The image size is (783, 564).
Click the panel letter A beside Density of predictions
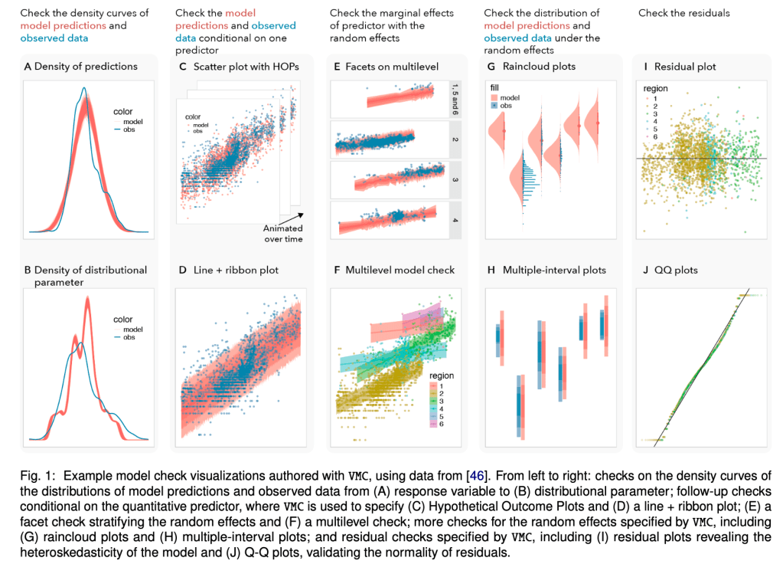[x=28, y=67]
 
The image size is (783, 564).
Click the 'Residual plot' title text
[x=685, y=67]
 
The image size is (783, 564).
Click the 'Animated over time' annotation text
[x=283, y=234]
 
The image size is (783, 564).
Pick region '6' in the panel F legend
[x=442, y=422]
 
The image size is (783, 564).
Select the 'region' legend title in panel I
[x=655, y=89]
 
